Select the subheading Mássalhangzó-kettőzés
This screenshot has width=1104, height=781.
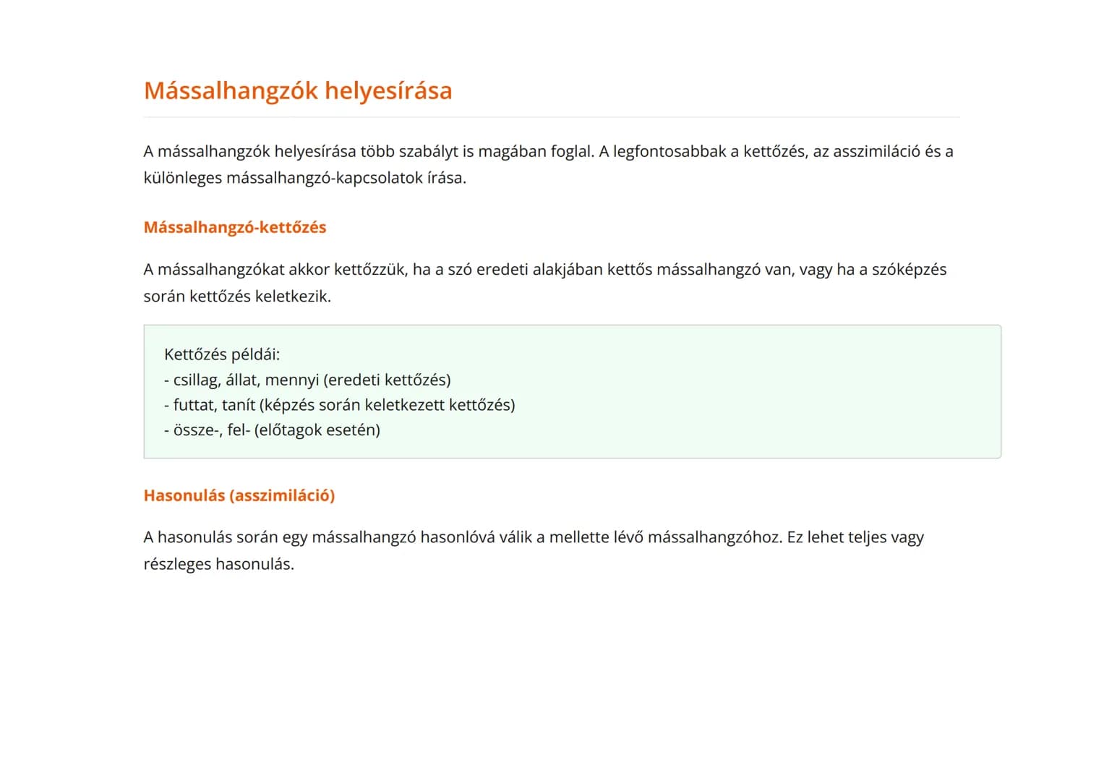pyautogui.click(x=235, y=227)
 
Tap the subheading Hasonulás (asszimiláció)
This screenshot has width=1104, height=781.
pyautogui.click(x=239, y=495)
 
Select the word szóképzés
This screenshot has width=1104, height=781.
pyautogui.click(x=909, y=270)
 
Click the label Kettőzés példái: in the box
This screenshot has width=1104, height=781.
pyautogui.click(x=222, y=354)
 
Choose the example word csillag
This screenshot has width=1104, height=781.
pyautogui.click(x=197, y=380)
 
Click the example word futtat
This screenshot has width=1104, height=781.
pyautogui.click(x=193, y=405)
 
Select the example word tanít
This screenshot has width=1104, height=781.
pyautogui.click(x=239, y=405)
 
